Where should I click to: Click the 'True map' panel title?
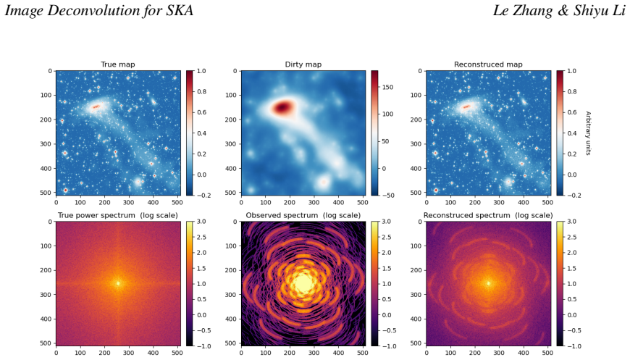[118, 64]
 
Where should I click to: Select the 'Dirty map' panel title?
[303, 64]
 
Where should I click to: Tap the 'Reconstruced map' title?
[488, 64]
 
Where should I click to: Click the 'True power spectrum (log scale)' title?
[118, 215]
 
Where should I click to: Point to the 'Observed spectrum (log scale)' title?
[303, 215]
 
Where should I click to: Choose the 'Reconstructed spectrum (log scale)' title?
[488, 215]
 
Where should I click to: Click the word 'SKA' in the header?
[180, 10]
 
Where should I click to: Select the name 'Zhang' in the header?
[532, 11]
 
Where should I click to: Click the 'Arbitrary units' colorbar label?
[588, 133]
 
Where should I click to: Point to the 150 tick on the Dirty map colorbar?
[387, 87]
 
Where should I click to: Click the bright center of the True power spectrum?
[118, 283]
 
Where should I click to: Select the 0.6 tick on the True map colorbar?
[201, 112]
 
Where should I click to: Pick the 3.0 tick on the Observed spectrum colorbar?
[387, 222]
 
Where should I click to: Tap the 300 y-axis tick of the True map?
[46, 144]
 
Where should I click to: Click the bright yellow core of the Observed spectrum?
[303, 284]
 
